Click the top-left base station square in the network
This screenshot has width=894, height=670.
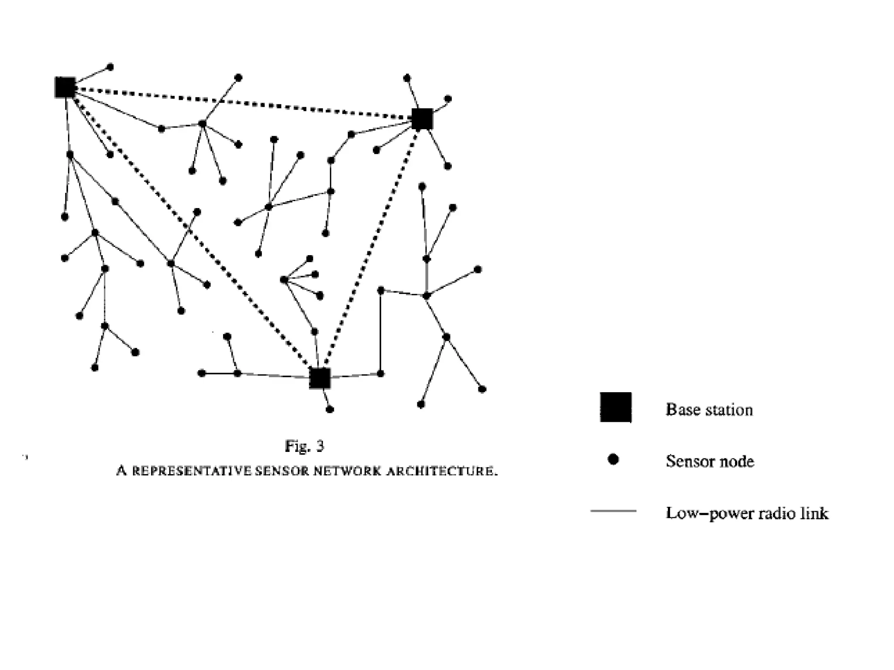click(65, 87)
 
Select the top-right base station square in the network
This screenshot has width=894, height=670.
click(422, 119)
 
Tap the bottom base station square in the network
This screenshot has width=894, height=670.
click(320, 378)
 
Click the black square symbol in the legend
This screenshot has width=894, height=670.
click(615, 407)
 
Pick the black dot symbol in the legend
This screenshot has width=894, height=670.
click(613, 459)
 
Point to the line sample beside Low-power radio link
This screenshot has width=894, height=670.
click(613, 511)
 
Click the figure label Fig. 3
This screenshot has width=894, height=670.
click(304, 446)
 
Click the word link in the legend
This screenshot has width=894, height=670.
click(814, 513)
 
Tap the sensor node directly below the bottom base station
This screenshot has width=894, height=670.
click(330, 409)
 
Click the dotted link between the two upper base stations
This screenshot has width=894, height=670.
click(244, 103)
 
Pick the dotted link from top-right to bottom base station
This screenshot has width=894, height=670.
click(371, 249)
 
